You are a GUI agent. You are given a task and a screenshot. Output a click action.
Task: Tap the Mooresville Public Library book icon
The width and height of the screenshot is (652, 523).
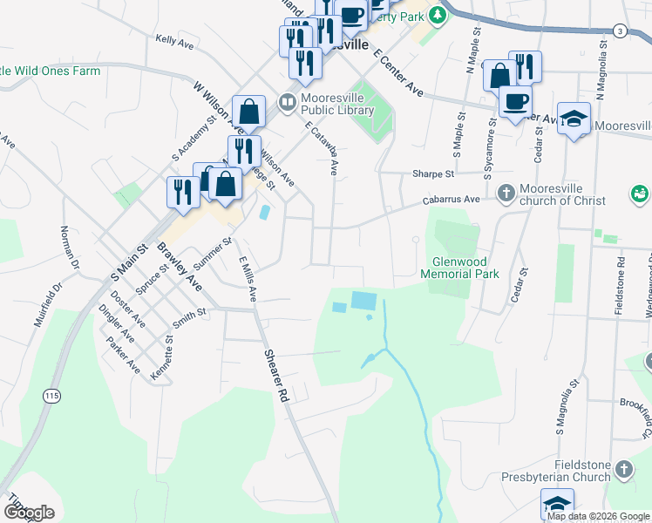point(287,103)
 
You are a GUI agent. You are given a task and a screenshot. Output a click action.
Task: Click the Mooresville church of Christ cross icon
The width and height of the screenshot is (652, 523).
point(506,192)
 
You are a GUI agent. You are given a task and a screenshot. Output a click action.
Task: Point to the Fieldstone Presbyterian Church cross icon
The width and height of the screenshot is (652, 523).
point(623,471)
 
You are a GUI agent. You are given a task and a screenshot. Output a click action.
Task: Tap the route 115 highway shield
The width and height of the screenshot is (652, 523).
point(51,396)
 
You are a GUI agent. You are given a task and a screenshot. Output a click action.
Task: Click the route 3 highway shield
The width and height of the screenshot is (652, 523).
point(619,31)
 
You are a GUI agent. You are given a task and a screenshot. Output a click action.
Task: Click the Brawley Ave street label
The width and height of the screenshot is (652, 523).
point(180,267)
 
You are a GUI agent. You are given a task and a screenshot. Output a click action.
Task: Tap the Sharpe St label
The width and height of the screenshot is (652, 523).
point(438,173)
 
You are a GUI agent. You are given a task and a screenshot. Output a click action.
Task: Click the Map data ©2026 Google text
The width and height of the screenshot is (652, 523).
point(597,516)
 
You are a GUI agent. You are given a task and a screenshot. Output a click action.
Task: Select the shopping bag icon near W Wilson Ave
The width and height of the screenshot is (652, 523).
point(248,111)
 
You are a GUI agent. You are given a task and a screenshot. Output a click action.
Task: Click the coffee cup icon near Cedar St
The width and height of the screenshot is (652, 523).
point(514,100)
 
